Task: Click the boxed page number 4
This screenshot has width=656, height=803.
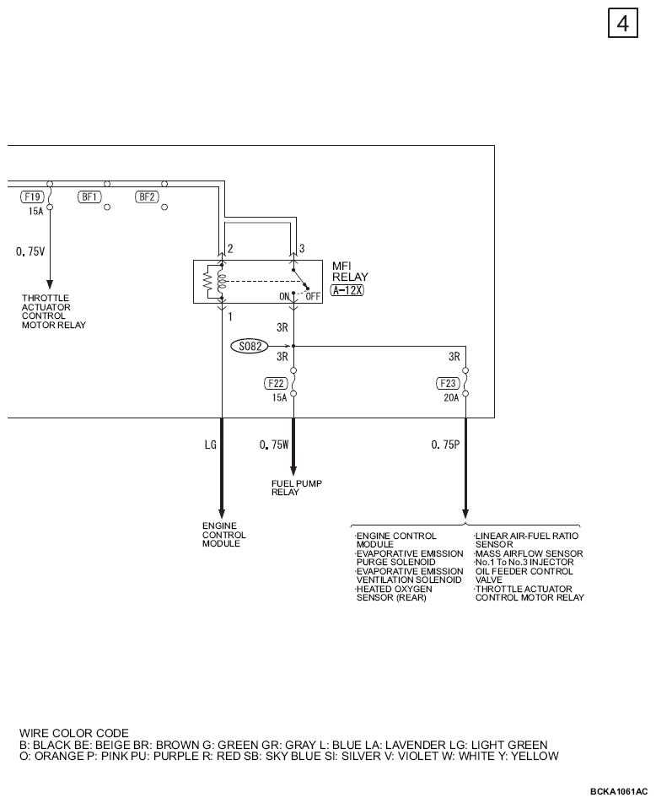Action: point(623,23)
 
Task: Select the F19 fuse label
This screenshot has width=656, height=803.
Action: point(32,197)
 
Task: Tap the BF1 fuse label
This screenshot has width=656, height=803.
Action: point(89,197)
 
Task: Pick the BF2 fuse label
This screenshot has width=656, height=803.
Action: point(147,197)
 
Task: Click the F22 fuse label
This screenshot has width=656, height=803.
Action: point(276,383)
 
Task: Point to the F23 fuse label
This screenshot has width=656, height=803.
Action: point(448,383)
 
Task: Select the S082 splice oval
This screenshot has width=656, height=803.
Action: point(250,346)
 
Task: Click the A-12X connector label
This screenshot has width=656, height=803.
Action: point(347,290)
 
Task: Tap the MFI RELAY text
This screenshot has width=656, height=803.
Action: point(350,272)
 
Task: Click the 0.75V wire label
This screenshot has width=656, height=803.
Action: point(30,251)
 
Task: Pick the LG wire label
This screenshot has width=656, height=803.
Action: point(211,445)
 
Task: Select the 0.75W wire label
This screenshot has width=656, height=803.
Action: point(274,445)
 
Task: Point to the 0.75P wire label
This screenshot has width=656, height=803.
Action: point(445,445)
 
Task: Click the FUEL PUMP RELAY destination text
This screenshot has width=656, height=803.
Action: point(297,488)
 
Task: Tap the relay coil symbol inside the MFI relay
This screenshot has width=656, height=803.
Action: point(221,281)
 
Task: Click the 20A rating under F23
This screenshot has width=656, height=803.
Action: point(451,398)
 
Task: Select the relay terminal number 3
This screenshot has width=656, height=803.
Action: point(302,248)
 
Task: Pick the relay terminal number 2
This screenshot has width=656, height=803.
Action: point(230,248)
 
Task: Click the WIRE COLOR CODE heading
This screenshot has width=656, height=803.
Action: point(74,733)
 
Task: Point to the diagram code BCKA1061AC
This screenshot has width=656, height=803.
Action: point(619,791)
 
